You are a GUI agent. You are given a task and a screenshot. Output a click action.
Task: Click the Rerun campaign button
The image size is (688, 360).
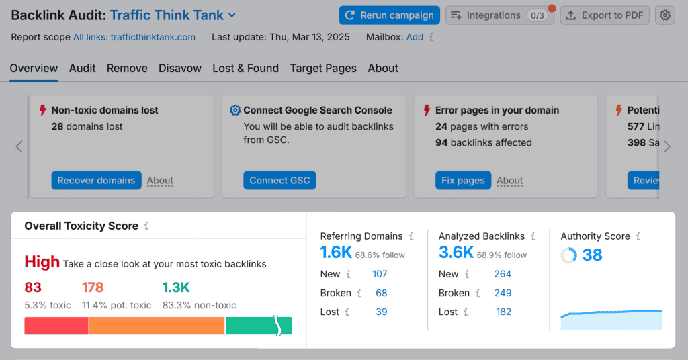coord(389,15)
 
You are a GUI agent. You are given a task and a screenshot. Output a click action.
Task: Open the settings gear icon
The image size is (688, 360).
coord(665,15)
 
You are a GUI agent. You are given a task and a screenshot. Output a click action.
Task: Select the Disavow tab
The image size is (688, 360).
coord(180,68)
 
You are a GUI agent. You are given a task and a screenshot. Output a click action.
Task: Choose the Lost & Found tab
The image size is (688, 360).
coord(245,68)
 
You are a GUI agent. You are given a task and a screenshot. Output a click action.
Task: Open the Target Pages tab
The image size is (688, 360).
coord(323,68)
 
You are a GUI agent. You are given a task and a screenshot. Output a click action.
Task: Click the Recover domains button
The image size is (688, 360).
coord(96,180)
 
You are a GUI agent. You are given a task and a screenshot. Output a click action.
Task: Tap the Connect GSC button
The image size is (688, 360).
coord(279,180)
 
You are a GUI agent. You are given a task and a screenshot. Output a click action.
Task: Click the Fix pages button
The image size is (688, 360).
coord(463,180)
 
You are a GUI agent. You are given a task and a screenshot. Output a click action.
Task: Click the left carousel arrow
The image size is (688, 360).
coord(19,147)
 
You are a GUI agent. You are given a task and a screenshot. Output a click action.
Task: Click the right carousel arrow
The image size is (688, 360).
coord(666,147)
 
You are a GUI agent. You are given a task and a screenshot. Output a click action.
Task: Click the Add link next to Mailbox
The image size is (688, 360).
coord(415,37)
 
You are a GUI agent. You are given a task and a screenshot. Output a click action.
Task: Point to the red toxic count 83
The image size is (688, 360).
coord(33,287)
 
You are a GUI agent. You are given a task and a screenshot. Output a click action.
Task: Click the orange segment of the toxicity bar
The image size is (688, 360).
coord(157,326)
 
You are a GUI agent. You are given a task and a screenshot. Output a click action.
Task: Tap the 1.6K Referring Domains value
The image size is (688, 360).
coord(336,252)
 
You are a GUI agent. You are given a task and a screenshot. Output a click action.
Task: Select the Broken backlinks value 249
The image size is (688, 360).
coord(503,293)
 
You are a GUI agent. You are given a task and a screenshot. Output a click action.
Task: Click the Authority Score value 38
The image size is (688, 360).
coord(592,255)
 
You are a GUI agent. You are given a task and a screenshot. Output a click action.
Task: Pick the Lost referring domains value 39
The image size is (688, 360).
coord(382,312)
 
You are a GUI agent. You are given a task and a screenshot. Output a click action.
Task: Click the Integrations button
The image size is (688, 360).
coord(499,15)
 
